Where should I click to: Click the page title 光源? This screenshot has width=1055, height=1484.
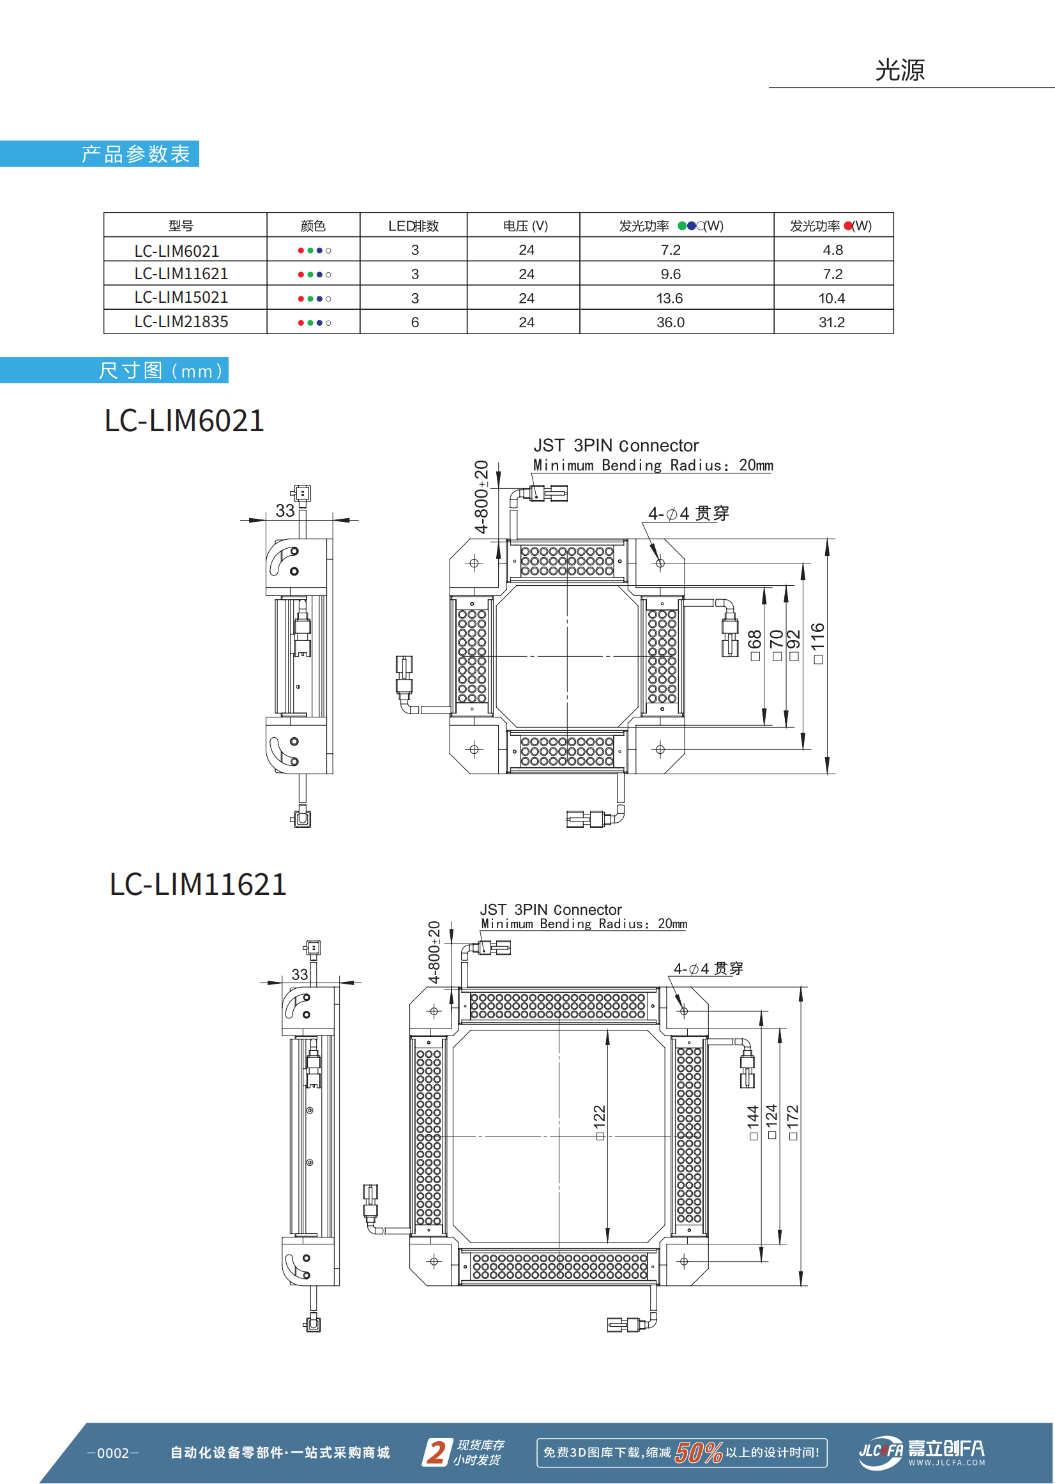click(899, 70)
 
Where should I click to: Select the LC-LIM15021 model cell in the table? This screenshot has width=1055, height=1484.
click(181, 298)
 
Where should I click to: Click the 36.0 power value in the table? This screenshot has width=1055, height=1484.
click(670, 322)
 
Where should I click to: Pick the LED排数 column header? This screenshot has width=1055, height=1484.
click(413, 226)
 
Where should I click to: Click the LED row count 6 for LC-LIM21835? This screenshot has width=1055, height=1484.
click(414, 322)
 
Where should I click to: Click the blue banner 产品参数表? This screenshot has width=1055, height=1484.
click(135, 154)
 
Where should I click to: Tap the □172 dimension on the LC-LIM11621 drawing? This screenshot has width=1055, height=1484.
click(793, 1121)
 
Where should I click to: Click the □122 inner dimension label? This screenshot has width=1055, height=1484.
click(599, 1121)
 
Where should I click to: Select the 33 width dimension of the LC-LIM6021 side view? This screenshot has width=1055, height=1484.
click(285, 510)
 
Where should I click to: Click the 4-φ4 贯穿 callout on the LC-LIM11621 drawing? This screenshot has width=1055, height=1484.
click(708, 968)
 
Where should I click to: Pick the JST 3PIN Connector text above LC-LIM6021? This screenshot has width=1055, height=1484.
click(615, 446)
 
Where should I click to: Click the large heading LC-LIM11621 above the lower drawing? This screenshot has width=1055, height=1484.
click(198, 885)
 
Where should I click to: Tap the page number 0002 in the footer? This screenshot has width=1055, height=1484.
click(113, 1453)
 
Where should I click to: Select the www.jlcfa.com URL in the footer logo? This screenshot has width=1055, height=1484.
click(946, 1462)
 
